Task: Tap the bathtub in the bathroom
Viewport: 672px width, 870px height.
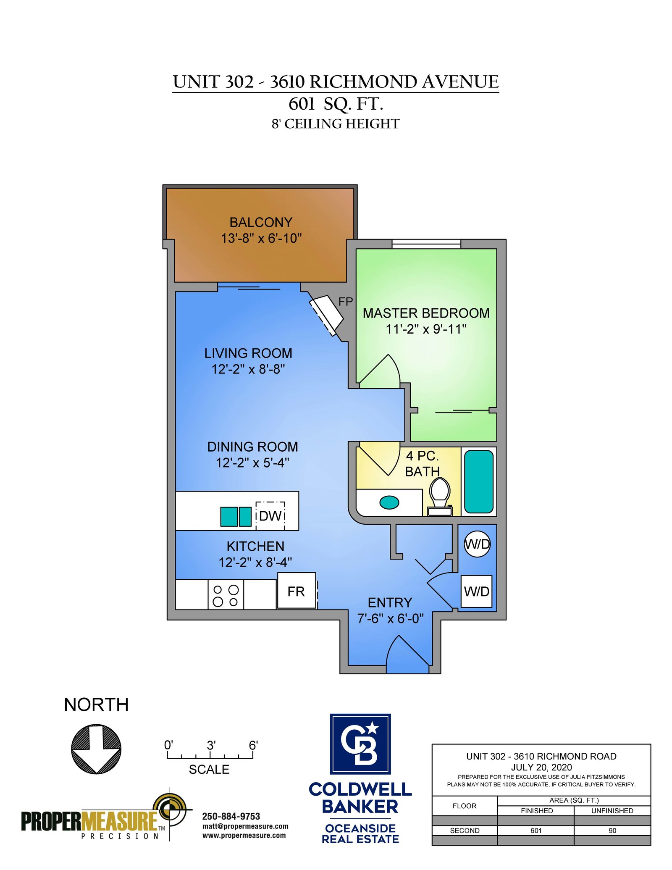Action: pos(479,481)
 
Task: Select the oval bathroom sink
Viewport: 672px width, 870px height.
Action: pos(389,502)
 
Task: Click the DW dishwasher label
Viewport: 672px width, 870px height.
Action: pos(270,516)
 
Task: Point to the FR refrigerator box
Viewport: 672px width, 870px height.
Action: pos(297,591)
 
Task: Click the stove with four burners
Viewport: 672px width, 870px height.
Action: pos(226,594)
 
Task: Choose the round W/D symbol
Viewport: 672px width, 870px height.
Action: pos(477,544)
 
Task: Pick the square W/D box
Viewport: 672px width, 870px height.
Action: pos(477,591)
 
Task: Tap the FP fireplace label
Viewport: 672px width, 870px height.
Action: pos(346,301)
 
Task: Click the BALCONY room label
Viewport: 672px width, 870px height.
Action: pos(261,222)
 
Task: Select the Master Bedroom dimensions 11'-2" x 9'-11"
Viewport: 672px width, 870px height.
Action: pos(426,329)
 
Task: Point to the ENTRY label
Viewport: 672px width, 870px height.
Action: pos(390,603)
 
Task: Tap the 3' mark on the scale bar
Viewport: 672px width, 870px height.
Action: pos(211,746)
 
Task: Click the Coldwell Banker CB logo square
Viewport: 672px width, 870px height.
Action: pos(360,744)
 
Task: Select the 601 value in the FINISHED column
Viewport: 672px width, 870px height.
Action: pos(536,831)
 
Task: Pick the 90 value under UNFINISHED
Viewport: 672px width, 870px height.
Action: pos(612,831)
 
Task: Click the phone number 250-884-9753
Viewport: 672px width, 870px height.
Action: pos(231,816)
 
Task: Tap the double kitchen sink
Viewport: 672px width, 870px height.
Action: pos(236,517)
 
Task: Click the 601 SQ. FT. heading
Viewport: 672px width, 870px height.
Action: pos(336,104)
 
